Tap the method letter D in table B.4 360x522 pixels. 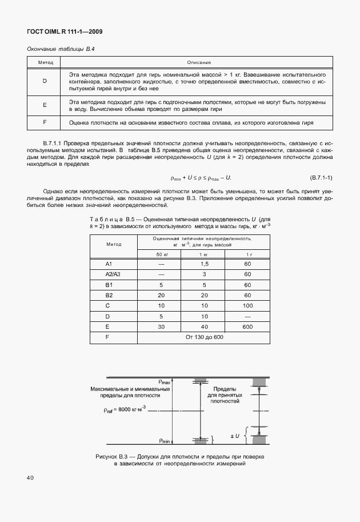click(45, 81)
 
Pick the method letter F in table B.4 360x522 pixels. click(45, 122)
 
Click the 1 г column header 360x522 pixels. click(247, 254)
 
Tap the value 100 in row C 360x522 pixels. click(247, 305)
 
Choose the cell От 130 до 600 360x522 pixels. click(203, 336)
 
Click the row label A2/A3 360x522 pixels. click(113, 274)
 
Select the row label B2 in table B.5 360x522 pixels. click(109, 294)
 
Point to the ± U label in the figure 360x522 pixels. click(234, 436)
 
